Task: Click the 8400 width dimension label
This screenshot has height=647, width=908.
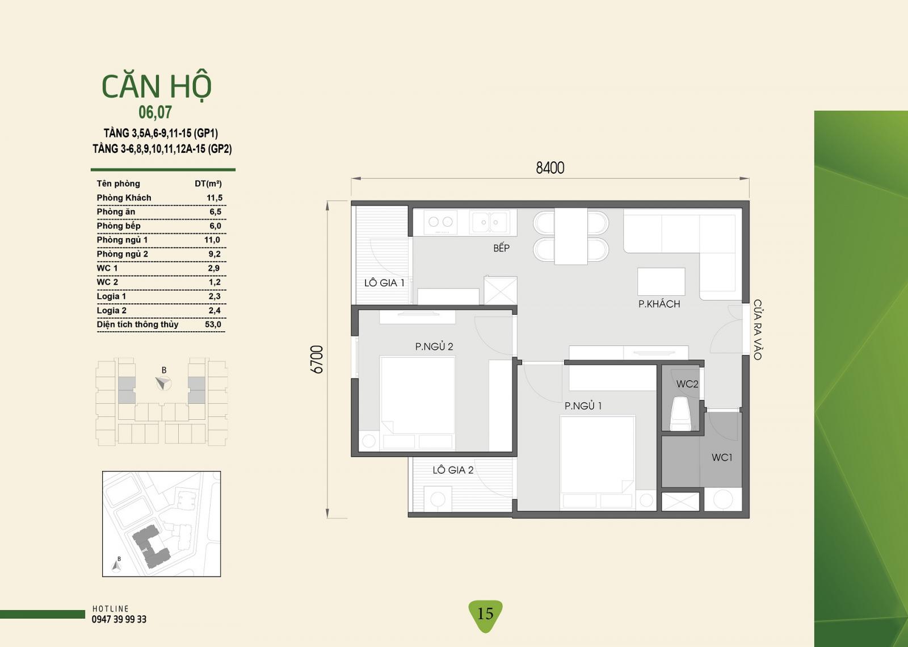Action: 550,168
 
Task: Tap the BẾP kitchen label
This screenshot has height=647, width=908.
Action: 502,248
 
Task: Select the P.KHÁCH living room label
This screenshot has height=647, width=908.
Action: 659,304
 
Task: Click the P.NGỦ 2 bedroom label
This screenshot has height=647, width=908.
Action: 434,347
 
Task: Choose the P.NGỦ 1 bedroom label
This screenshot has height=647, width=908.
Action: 583,406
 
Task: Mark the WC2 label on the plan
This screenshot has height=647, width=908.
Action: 687,384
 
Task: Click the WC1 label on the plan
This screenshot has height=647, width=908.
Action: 722,458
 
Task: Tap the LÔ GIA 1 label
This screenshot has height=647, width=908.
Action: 384,283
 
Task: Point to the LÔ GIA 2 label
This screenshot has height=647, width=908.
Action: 453,470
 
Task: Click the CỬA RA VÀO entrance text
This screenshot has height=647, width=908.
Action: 757,330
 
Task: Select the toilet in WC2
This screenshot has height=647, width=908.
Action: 680,414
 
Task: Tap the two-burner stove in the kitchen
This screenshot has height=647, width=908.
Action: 440,222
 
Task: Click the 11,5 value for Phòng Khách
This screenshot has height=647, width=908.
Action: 215,198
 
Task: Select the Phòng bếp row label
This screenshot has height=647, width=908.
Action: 119,226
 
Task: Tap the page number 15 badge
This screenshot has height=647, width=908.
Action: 485,613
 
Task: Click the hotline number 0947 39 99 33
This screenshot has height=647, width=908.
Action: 119,619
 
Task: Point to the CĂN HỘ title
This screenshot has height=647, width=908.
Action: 157,86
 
